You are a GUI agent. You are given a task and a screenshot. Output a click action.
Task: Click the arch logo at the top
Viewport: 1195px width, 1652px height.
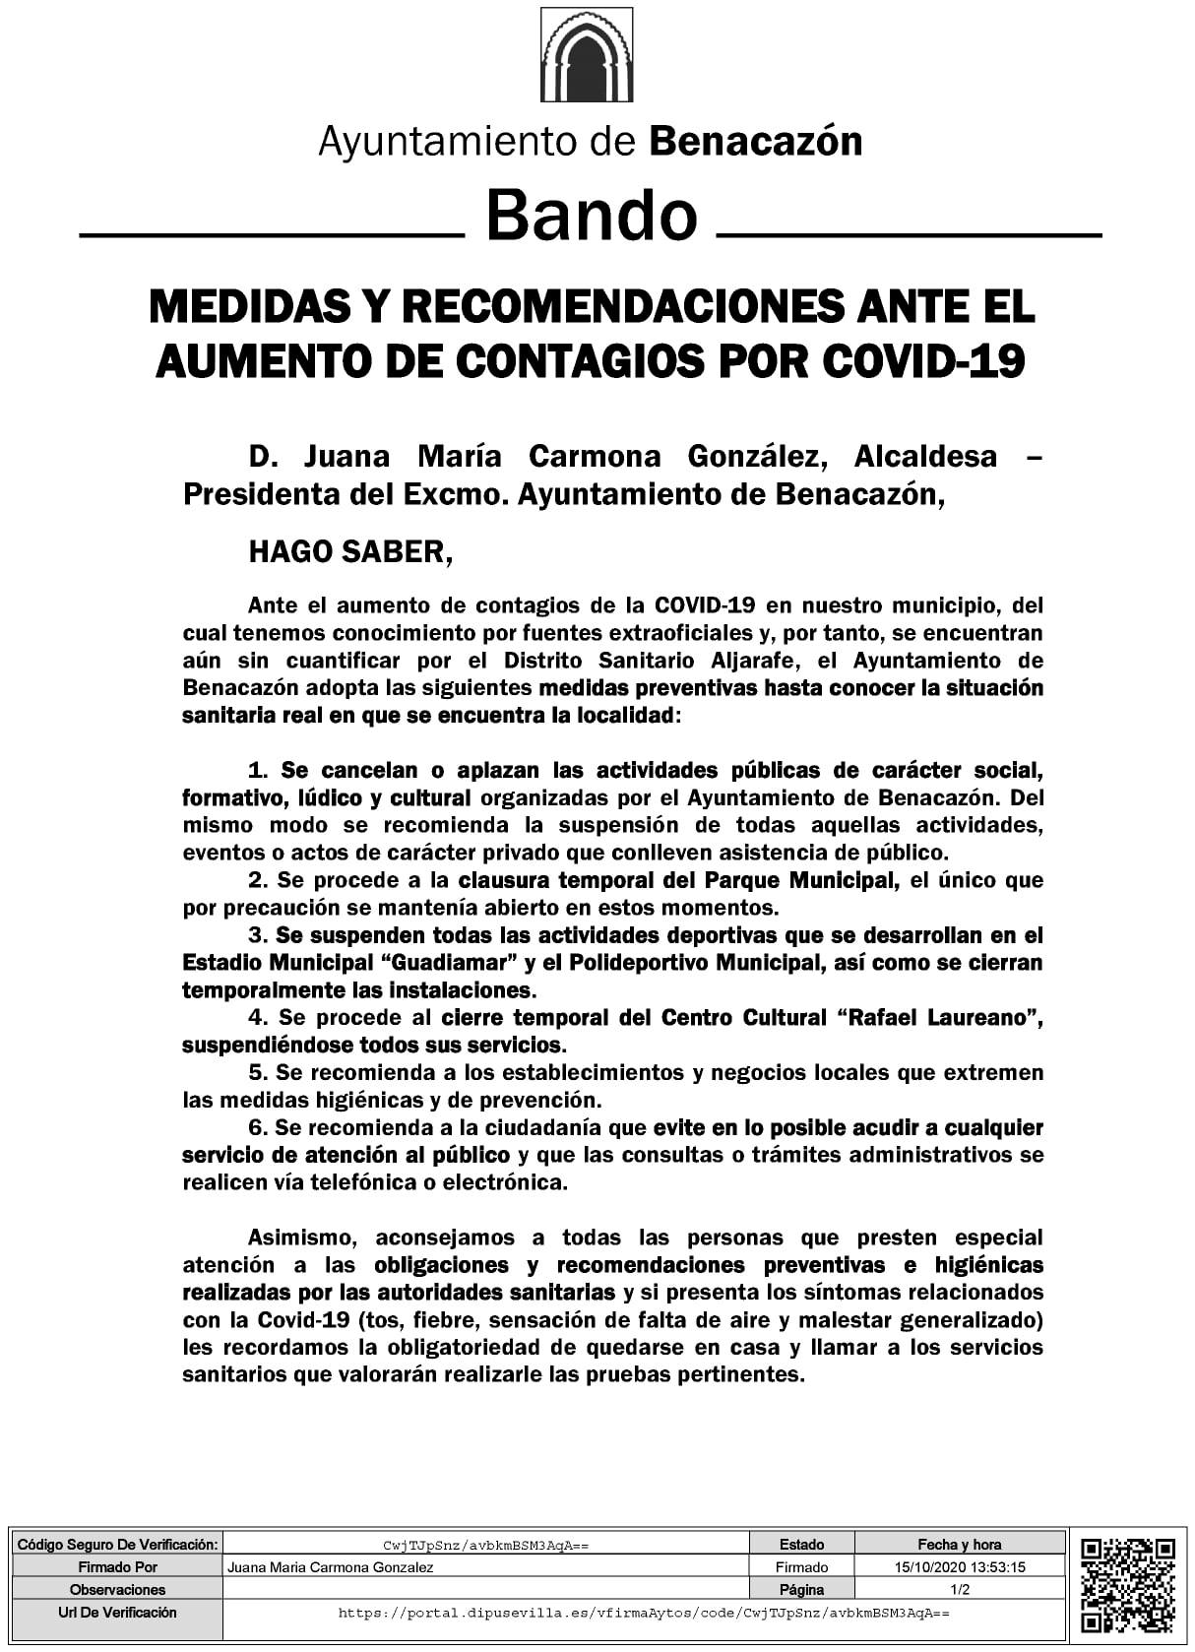pyautogui.click(x=587, y=55)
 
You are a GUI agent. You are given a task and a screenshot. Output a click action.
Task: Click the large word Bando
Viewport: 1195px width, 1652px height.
pyautogui.click(x=592, y=216)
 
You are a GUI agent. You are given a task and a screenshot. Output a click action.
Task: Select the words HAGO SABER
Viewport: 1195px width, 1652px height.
pyautogui.click(x=349, y=551)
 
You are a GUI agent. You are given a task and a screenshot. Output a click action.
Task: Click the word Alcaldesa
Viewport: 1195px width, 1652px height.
pyautogui.click(x=925, y=457)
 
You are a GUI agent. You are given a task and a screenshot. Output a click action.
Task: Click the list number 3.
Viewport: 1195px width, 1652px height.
pyautogui.click(x=258, y=935)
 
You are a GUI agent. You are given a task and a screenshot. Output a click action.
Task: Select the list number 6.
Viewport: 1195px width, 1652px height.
pyautogui.click(x=258, y=1127)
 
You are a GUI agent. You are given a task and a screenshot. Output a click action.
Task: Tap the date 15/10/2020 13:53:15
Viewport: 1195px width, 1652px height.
pyautogui.click(x=959, y=1567)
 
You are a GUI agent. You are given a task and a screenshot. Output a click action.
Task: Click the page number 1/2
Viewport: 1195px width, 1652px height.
pyautogui.click(x=959, y=1589)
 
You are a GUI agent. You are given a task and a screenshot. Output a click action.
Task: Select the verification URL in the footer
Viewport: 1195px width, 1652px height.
pyautogui.click(x=643, y=1613)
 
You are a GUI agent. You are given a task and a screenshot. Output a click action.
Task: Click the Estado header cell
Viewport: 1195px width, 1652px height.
pyautogui.click(x=801, y=1545)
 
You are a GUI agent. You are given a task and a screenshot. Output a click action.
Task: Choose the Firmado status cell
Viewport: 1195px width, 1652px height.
pyautogui.click(x=801, y=1567)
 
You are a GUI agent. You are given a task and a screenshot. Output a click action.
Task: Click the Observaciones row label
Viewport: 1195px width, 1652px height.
pyautogui.click(x=117, y=1589)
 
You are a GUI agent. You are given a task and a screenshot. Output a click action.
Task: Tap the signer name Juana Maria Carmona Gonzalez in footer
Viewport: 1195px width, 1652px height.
pyautogui.click(x=330, y=1567)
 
